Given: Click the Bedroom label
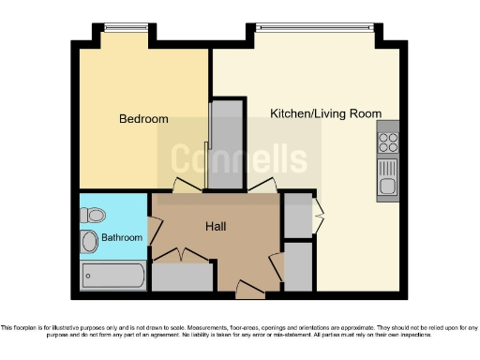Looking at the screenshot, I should click(x=143, y=119).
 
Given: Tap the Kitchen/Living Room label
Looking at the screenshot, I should click(x=325, y=113).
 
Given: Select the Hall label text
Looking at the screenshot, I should click(x=217, y=226).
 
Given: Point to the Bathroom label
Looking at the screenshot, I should click(x=122, y=238).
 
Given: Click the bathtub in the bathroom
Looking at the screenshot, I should click(x=112, y=276).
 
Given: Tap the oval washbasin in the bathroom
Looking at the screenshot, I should click(x=89, y=242).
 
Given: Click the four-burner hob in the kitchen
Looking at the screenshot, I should click(x=387, y=143).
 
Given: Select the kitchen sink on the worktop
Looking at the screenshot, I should click(x=387, y=177).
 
